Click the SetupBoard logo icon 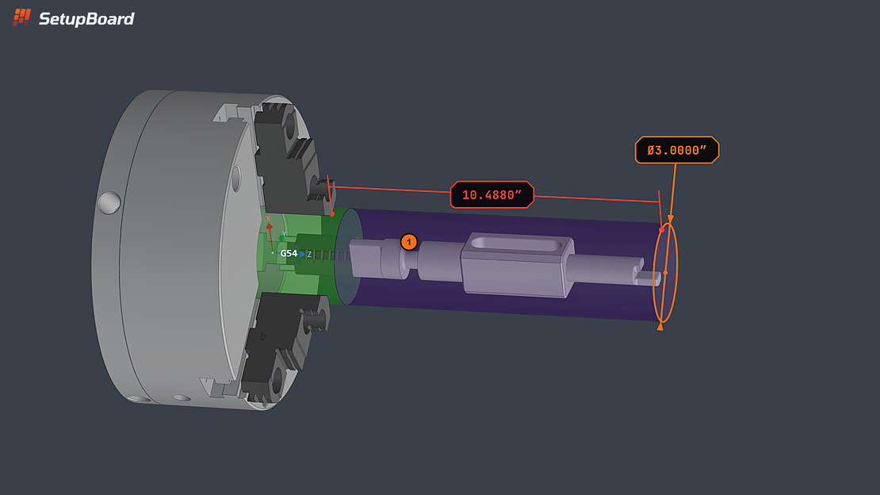(21, 17)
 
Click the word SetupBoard (86, 19)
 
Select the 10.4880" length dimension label (492, 195)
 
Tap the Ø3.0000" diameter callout (677, 150)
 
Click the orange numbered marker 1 (409, 242)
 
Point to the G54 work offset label (289, 253)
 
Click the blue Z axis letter (309, 255)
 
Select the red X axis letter (268, 219)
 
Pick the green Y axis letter (284, 234)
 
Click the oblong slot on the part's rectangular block (515, 244)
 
